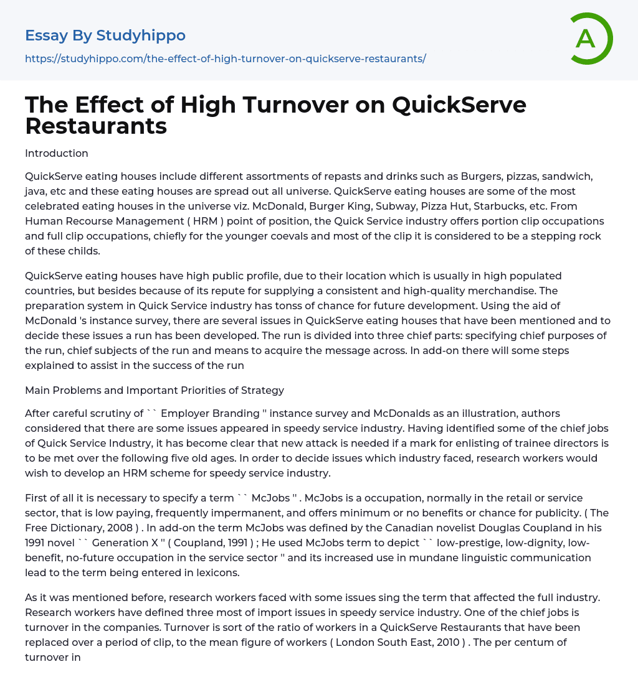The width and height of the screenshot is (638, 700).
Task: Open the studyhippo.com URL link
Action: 225,58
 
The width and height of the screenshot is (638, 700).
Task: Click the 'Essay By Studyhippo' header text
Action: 105,35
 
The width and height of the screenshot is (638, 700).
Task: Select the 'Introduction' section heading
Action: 57,153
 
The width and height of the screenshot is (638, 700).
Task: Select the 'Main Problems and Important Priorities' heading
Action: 155,390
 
